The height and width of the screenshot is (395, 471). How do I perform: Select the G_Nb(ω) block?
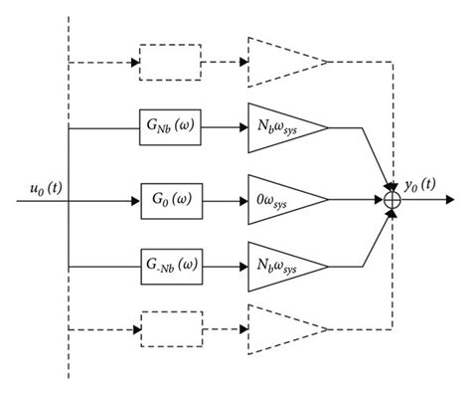point(172,127)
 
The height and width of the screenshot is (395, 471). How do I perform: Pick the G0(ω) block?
point(172,199)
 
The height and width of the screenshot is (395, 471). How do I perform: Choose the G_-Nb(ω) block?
point(172,268)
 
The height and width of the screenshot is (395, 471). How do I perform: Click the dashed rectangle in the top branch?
point(171,62)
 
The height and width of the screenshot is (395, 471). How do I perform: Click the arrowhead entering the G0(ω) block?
point(135,199)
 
